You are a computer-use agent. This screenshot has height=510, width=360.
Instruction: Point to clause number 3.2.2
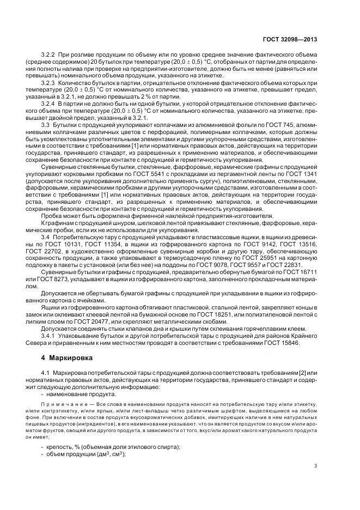click(50, 56)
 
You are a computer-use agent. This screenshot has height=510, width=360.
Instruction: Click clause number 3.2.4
click(50, 103)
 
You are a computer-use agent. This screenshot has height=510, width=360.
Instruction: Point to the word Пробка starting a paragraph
click(52, 217)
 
